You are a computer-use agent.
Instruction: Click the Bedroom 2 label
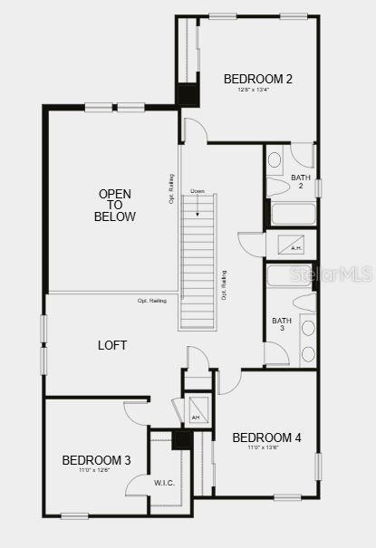[x=257, y=79]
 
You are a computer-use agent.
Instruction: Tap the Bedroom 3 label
[x=96, y=460]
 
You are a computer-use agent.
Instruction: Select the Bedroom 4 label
[x=266, y=437]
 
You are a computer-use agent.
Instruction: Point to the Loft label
[x=112, y=345]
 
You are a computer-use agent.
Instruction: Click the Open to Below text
[x=116, y=205]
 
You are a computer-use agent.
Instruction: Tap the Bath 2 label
[x=301, y=181]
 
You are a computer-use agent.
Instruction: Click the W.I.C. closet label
[x=164, y=483]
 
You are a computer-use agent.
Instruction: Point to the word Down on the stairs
[x=198, y=191]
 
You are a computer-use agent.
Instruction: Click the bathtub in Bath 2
[x=293, y=215]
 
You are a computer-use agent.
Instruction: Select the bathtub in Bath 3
[x=290, y=274]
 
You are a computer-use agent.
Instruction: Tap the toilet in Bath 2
[x=277, y=186]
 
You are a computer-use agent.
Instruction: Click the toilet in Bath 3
[x=304, y=303]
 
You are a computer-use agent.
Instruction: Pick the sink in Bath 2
[x=275, y=159]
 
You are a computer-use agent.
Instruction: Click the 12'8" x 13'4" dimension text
[x=257, y=90]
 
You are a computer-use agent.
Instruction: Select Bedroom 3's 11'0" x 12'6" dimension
[x=96, y=470]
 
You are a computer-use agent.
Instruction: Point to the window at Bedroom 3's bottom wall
[x=74, y=516]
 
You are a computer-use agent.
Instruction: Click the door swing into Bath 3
[x=275, y=353]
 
